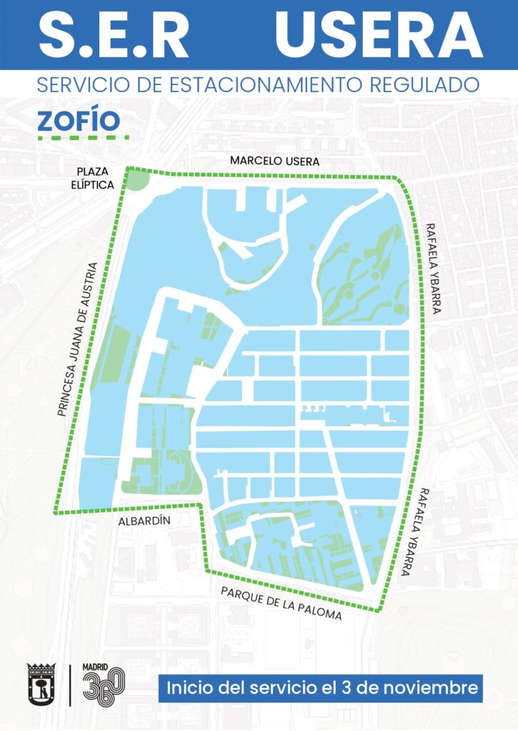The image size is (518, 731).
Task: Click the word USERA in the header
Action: click(x=379, y=34)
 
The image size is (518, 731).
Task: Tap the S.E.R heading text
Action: click(x=114, y=34)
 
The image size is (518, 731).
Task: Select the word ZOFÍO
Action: click(x=79, y=121)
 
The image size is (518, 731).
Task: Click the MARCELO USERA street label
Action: click(x=274, y=161)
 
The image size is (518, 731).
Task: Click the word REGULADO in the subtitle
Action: click(x=427, y=86)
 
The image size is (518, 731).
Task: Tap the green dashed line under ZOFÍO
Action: click(x=82, y=137)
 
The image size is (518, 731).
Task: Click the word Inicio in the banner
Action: click(x=191, y=690)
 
